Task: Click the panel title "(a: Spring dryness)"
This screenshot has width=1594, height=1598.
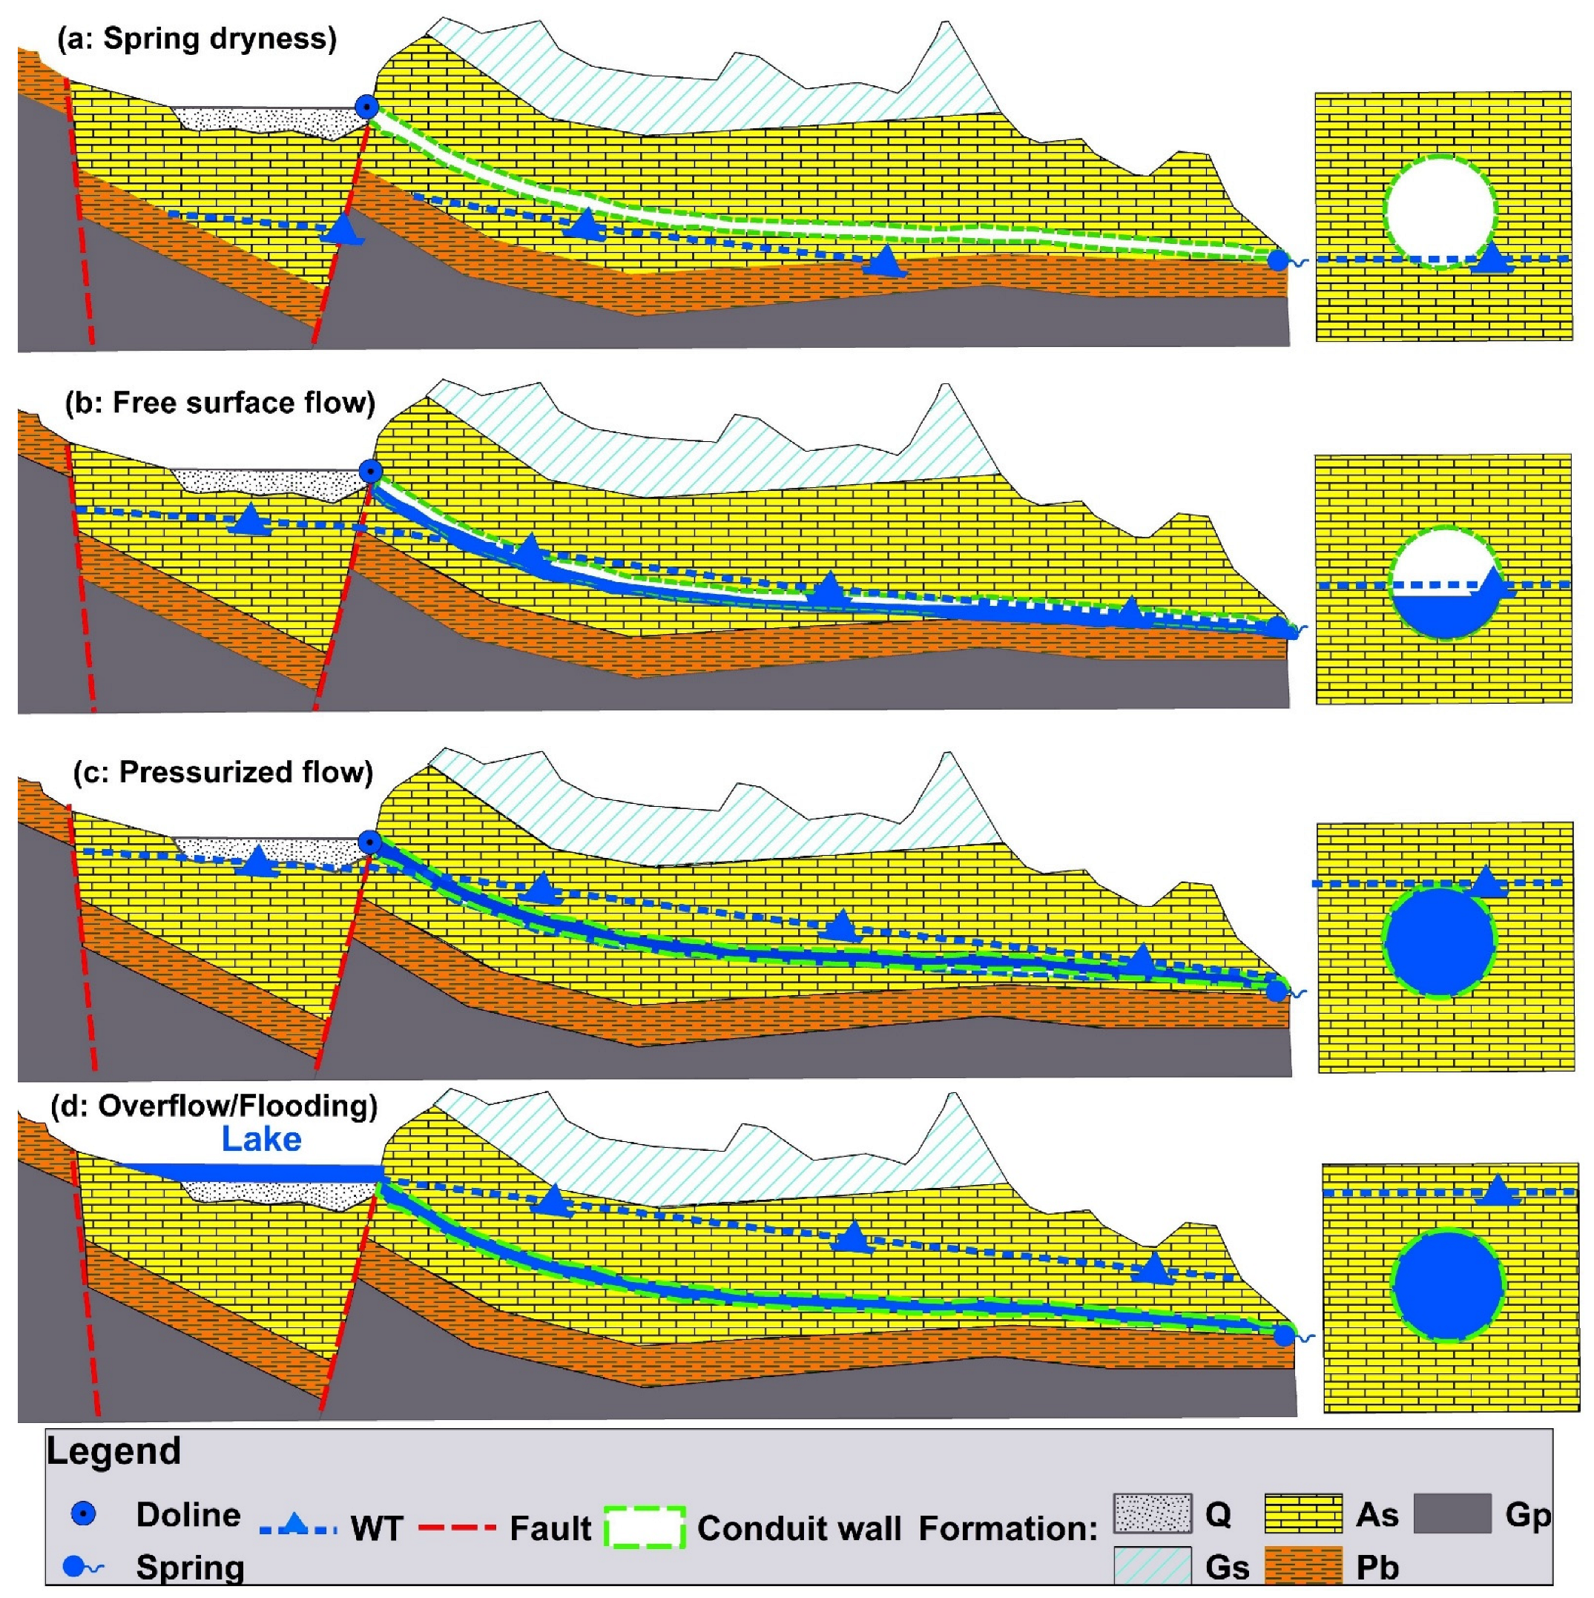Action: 196,39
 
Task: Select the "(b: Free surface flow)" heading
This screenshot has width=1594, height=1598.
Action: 220,403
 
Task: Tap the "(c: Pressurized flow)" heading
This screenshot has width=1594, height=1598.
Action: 223,772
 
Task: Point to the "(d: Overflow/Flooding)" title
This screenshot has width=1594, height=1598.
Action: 214,1106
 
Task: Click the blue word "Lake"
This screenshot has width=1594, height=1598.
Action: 260,1140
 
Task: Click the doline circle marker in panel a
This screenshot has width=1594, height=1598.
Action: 366,107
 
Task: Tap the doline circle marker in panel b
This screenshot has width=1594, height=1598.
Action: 371,472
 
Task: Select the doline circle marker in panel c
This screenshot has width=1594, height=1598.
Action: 369,843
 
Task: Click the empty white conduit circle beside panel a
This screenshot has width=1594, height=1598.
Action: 1440,211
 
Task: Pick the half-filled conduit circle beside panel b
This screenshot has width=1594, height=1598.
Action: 1444,581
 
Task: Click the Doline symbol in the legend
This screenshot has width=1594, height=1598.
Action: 84,1514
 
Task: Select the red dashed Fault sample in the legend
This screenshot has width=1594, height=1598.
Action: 457,1528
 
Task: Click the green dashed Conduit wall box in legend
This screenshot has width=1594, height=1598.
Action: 645,1527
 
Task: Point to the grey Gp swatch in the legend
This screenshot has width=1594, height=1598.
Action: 1452,1513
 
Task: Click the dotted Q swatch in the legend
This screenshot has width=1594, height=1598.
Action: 1151,1513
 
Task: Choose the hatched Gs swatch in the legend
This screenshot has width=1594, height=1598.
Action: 1151,1565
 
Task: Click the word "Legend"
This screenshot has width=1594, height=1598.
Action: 113,1450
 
